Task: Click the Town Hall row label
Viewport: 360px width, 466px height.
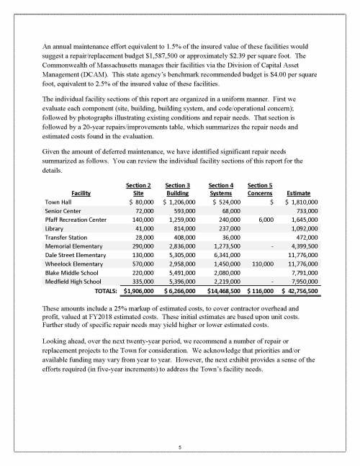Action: point(57,202)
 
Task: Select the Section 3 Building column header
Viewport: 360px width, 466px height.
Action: point(178,189)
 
